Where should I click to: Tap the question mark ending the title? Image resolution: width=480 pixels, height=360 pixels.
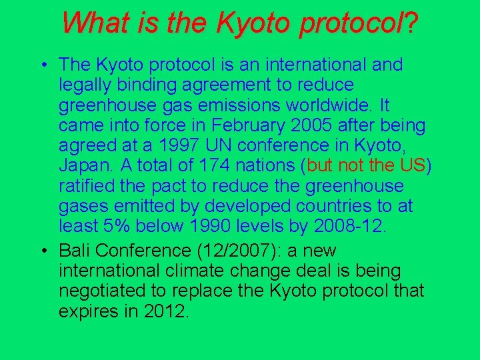[x=411, y=23]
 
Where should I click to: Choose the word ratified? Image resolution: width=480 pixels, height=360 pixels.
[x=85, y=186]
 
